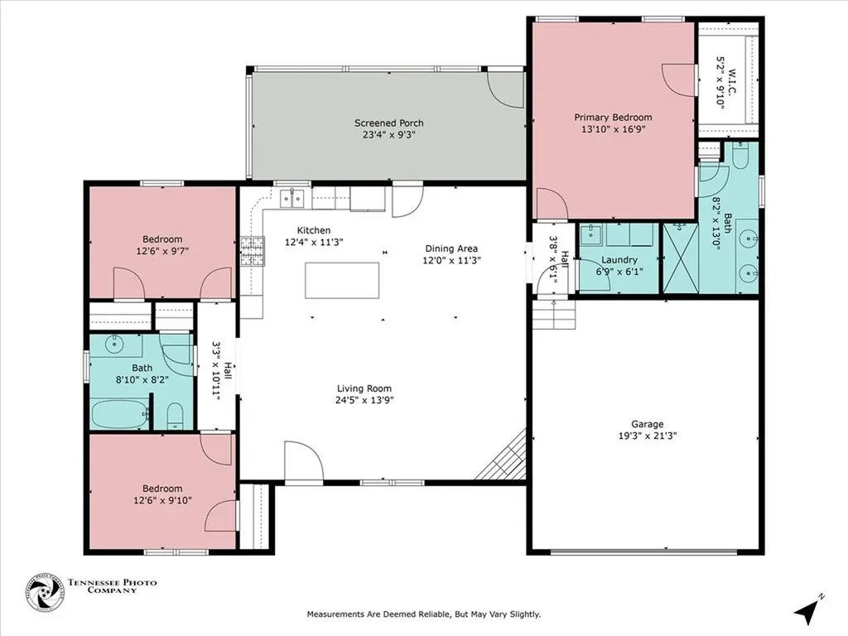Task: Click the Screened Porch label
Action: click(389, 123)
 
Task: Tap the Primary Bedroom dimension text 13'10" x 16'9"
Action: click(614, 129)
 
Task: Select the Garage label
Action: click(648, 424)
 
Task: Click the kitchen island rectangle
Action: click(342, 280)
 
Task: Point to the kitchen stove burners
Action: click(253, 252)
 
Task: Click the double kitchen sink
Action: click(292, 199)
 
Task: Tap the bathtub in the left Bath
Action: click(119, 414)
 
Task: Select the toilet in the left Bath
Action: click(175, 416)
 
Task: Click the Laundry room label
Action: click(619, 259)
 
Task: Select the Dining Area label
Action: click(451, 248)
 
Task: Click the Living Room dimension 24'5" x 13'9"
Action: click(364, 400)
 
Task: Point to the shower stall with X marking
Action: click(681, 258)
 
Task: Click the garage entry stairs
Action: click(554, 315)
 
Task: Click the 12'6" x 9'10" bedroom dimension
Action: click(162, 500)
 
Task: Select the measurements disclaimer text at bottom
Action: click(424, 614)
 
